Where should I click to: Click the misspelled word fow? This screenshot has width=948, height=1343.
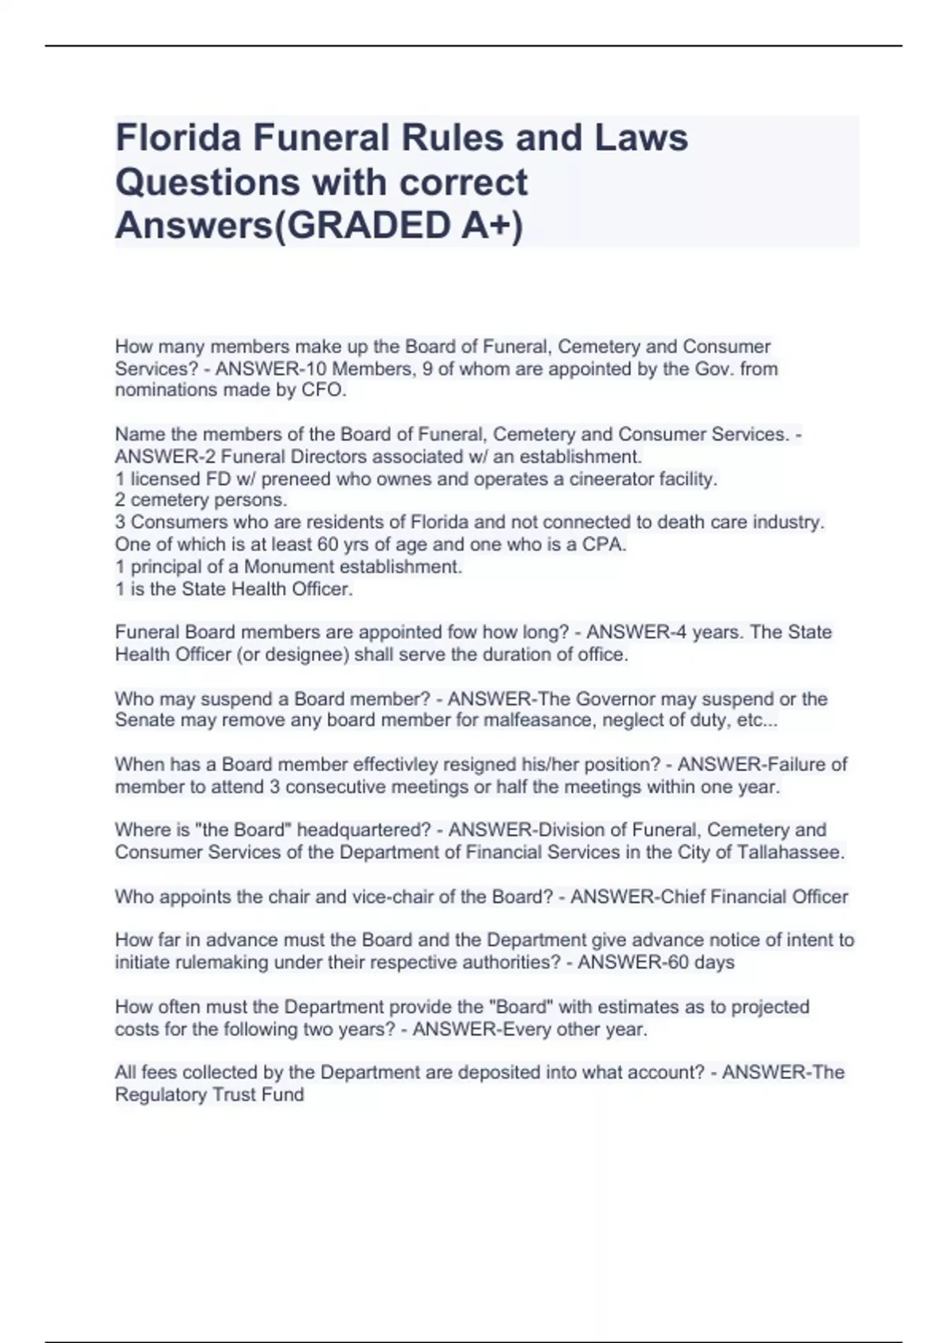pyautogui.click(x=463, y=632)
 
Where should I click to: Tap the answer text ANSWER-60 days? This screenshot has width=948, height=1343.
pyautogui.click(x=656, y=962)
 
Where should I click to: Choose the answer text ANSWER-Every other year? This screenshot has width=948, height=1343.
pyautogui.click(x=529, y=1029)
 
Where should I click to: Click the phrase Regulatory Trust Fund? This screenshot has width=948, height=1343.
pyautogui.click(x=209, y=1095)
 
